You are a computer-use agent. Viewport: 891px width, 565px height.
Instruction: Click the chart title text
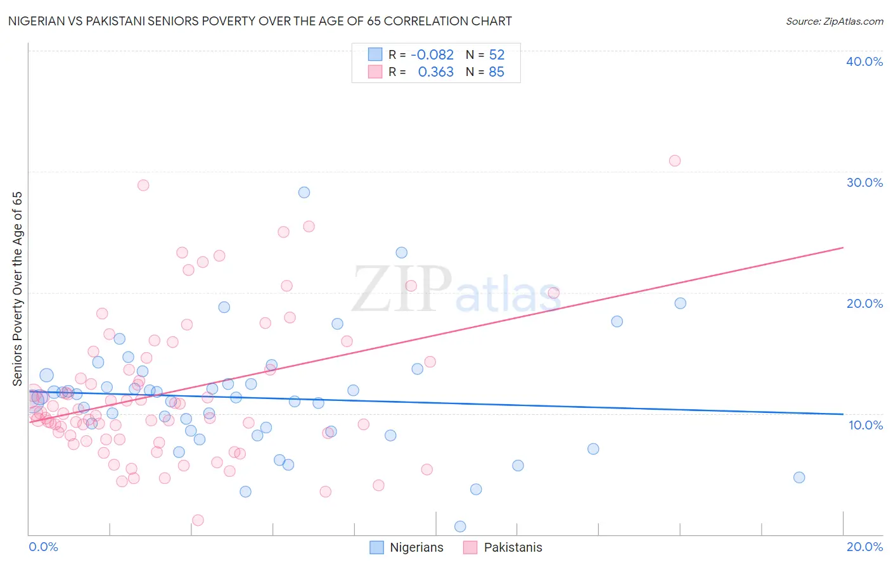[x=260, y=21]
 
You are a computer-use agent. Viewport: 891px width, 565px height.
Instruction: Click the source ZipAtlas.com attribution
[x=834, y=21]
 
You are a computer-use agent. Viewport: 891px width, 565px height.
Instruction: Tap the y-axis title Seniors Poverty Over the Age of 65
[x=17, y=288]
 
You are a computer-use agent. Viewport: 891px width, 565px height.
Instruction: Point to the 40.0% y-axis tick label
[x=864, y=61]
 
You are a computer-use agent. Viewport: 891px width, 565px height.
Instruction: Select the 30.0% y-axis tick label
[x=864, y=182]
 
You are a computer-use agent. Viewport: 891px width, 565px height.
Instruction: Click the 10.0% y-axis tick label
[x=865, y=425]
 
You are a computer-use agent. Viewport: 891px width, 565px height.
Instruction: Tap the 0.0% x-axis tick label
[x=43, y=547]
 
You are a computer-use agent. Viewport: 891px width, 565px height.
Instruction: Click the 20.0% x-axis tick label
[x=864, y=547]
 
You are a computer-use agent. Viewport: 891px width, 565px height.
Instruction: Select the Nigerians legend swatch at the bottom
[x=376, y=547]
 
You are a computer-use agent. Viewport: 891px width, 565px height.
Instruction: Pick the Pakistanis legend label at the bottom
[x=513, y=547]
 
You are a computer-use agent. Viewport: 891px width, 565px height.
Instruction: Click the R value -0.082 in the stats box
[x=432, y=55]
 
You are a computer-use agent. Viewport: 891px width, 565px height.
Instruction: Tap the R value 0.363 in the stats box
[x=435, y=72]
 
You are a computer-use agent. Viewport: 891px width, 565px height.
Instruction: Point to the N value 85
[x=496, y=72]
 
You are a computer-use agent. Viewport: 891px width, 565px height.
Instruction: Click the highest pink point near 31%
[x=675, y=161]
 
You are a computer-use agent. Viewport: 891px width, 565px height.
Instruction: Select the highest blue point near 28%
[x=304, y=193]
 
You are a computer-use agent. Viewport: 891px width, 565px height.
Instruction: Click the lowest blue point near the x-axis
[x=460, y=526]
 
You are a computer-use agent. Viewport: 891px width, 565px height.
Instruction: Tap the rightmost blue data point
[x=799, y=478]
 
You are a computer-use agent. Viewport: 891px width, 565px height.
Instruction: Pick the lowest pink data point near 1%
[x=198, y=520]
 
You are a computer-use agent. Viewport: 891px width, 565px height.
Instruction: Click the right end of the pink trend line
[x=843, y=248]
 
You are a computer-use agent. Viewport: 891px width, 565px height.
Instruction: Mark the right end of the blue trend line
[x=843, y=414]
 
